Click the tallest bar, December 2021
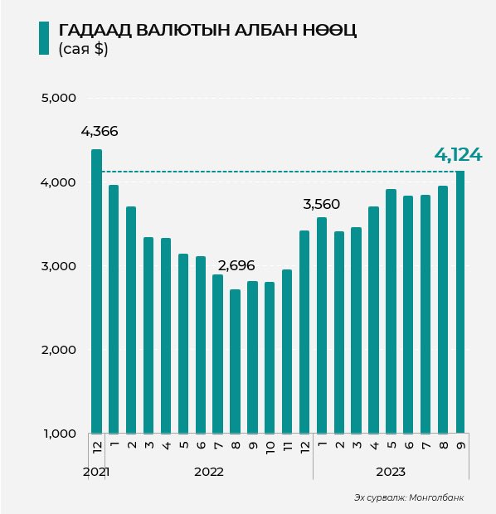[96, 291]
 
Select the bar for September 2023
[460, 302]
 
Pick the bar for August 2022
[235, 361]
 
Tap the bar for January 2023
[322, 325]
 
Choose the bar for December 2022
[304, 332]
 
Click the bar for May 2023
[391, 311]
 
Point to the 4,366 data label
[100, 132]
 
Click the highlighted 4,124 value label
[459, 155]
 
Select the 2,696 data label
[236, 265]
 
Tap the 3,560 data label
[322, 204]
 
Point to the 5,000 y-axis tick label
[58, 98]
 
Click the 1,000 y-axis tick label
[60, 434]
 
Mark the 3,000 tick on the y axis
[58, 266]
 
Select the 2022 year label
[209, 472]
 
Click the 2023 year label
[391, 472]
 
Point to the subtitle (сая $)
[83, 49]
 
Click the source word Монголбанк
[436, 497]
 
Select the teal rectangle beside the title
[44, 38]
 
